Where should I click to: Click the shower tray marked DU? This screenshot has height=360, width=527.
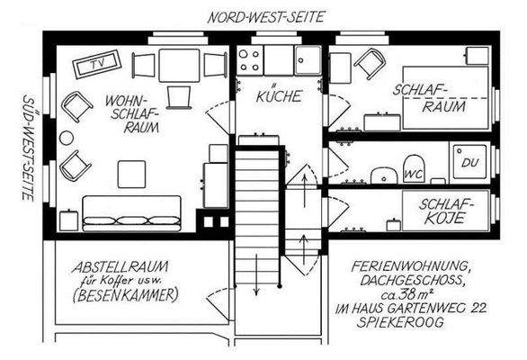click(x=469, y=161)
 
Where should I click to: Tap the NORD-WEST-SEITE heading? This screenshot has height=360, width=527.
click(x=265, y=16)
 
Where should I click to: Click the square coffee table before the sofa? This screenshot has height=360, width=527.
click(x=132, y=172)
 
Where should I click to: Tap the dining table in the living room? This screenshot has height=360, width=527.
click(x=179, y=64)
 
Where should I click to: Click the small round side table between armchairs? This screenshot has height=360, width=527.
click(x=67, y=138)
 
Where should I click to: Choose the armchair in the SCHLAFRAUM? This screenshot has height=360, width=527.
click(x=370, y=63)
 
